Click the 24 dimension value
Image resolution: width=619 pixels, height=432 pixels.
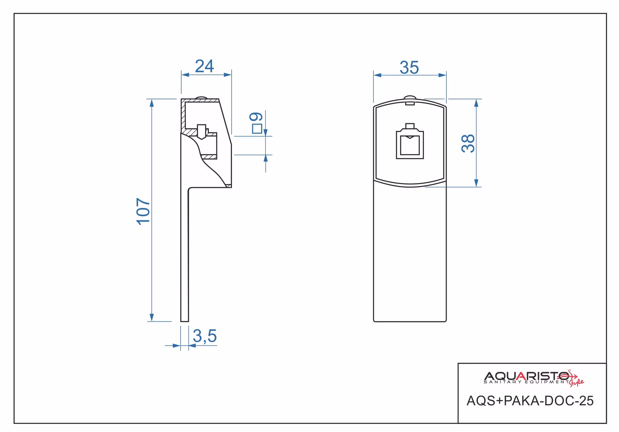[x=204, y=66]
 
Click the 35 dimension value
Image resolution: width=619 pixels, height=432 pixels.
[x=409, y=68]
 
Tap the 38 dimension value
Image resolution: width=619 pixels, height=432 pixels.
[x=468, y=143]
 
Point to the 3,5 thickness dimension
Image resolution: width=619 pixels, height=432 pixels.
[x=205, y=336]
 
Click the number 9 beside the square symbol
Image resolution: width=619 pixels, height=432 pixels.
[x=256, y=117]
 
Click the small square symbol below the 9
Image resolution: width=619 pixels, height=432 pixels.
[x=257, y=129]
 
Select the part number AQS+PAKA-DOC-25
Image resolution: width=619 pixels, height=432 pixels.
[x=530, y=401]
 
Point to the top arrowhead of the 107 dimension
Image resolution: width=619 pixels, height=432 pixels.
[x=151, y=102]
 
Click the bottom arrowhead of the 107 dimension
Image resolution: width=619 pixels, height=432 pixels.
[x=151, y=317]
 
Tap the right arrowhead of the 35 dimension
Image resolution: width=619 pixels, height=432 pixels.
[x=442, y=75]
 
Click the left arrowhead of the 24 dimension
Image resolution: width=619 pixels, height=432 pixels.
[x=185, y=75]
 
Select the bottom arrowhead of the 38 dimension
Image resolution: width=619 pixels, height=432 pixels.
[x=476, y=183]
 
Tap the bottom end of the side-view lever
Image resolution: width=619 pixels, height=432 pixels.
[x=185, y=321]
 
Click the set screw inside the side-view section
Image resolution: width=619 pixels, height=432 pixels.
[x=202, y=132]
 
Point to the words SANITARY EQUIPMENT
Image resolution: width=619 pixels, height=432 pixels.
[x=526, y=382]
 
